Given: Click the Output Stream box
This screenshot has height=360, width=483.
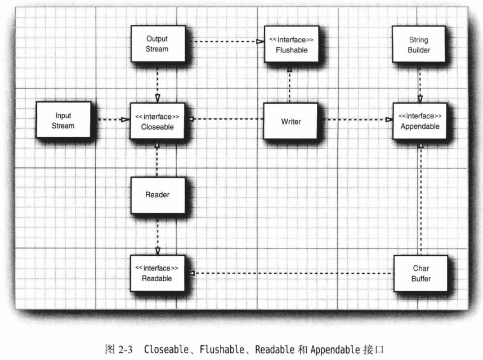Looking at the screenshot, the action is coord(157,44).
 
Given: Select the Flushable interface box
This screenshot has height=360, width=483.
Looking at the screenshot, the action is coord(292,44).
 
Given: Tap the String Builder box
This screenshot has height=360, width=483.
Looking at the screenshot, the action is coord(419,45).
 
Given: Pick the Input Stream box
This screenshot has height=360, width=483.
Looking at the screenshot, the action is coord(62,120).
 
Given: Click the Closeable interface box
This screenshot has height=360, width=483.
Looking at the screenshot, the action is coord(157,121).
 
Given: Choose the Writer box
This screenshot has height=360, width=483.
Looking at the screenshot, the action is coord(291,121).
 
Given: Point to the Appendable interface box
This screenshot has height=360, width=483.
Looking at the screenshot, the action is coord(419,121).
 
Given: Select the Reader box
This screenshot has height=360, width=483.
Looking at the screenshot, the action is coord(157,195).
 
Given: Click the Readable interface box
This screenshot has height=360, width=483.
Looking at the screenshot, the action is coord(157,273).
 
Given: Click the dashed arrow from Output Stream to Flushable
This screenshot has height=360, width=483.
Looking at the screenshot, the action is coord(225,42).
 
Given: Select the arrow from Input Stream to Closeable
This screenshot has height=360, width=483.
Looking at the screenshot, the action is coord(110,119).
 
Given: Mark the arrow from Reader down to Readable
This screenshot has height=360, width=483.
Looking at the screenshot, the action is coord(158,234).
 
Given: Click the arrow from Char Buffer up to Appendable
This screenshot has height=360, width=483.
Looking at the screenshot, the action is coord(419,197).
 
